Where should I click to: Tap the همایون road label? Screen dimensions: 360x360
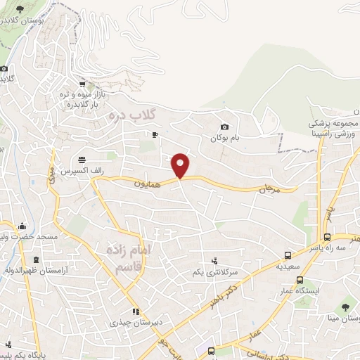[x=150, y=184]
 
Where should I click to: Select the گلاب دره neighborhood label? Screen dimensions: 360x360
[x=134, y=112]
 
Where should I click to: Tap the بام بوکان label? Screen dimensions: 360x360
[x=224, y=138]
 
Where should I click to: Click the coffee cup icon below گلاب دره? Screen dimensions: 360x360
[x=155, y=134]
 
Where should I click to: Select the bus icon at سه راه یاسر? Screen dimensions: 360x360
[x=328, y=238]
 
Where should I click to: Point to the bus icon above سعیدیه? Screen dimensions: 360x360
[x=288, y=255]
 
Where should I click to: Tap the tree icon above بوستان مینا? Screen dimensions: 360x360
[x=345, y=306]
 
